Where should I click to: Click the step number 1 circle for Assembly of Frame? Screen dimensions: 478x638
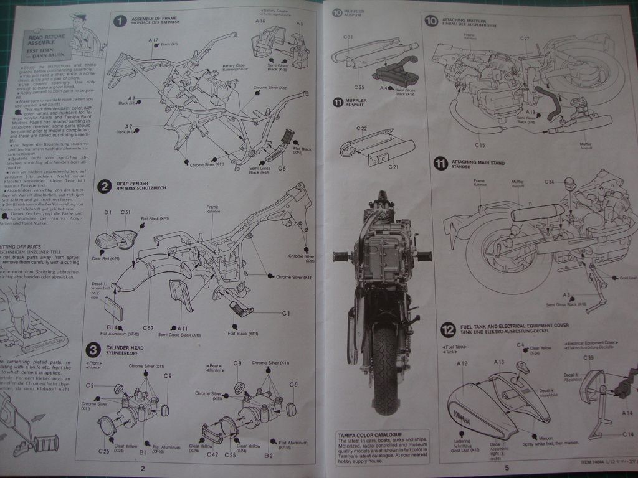[x=120, y=21]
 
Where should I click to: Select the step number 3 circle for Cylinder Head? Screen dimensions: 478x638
[x=92, y=350]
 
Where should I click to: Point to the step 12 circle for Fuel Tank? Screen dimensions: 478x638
[x=447, y=330]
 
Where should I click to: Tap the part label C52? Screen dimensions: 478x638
[x=148, y=327]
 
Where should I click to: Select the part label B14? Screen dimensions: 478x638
[x=112, y=327]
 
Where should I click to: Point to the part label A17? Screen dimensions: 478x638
[x=153, y=40]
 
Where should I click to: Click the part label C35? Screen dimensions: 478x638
[x=360, y=88]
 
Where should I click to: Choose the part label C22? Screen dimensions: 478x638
[x=362, y=128]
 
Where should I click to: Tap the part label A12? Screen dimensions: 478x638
[x=462, y=363]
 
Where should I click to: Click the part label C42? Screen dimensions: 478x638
[x=212, y=455]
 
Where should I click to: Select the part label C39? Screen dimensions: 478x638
[x=588, y=357]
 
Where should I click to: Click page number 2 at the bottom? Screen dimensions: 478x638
[x=143, y=468]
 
